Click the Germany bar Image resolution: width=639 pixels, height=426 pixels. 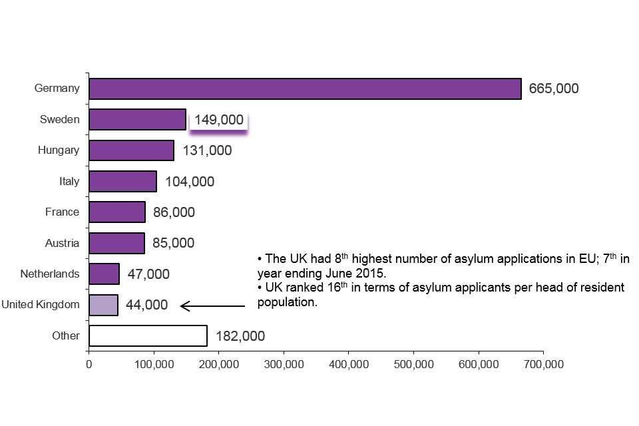305,89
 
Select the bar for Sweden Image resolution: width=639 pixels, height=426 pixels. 137,120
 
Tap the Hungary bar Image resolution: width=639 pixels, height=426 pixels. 131,150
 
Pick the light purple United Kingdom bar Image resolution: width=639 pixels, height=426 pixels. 103,305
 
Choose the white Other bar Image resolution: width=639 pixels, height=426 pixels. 148,335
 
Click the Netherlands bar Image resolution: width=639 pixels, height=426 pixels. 104,274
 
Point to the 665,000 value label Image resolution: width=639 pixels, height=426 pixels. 554,89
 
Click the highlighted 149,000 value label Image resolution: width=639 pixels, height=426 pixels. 219,120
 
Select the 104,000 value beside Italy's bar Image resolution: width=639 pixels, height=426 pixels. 190,181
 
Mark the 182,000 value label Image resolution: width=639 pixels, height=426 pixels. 240,336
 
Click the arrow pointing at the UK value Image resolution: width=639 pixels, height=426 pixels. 213,306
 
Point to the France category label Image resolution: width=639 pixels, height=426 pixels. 62,212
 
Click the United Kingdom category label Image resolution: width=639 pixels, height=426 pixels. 40,305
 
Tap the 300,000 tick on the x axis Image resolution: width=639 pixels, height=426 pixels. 284,364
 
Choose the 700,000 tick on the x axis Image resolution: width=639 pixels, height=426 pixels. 543,364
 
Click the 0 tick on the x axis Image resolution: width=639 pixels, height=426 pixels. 89,364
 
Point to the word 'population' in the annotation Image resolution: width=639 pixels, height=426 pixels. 286,302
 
